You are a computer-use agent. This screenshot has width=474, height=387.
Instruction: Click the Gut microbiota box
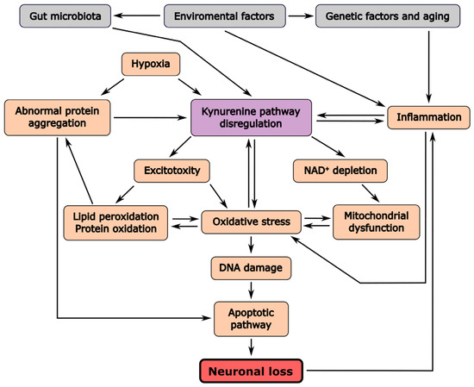(65, 16)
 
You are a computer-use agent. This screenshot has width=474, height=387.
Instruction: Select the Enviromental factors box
(224, 16)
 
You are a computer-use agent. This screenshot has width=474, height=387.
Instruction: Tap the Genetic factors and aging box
(388, 16)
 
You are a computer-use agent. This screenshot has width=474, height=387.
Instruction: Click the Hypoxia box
(151, 64)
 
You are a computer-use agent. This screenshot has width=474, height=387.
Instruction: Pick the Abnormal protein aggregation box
(58, 117)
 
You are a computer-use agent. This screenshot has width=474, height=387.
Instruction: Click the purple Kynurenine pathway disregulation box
(251, 117)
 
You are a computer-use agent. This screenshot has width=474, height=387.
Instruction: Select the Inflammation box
(428, 117)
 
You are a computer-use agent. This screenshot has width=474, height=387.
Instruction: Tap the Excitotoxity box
(172, 171)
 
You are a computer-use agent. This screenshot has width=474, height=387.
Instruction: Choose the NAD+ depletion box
(340, 171)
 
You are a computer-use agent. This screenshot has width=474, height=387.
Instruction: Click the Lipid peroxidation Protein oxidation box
(115, 223)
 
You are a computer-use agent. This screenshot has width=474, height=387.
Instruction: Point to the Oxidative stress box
(251, 222)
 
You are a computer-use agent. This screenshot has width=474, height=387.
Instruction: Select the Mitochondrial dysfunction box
(377, 222)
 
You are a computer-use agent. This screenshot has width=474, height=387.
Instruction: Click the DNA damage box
(251, 268)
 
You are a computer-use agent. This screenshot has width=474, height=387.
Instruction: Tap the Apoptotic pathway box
(251, 319)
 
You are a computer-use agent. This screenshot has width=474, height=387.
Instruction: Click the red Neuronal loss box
(251, 371)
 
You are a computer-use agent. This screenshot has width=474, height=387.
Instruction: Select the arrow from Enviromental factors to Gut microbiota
(137, 16)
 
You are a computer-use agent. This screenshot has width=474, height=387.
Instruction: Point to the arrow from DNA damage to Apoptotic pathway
(251, 290)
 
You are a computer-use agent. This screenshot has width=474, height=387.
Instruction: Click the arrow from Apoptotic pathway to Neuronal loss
(251, 347)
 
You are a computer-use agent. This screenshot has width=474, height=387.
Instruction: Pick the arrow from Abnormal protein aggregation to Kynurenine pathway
(150, 117)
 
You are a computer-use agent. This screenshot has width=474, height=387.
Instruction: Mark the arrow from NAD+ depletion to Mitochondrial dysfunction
(371, 193)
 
